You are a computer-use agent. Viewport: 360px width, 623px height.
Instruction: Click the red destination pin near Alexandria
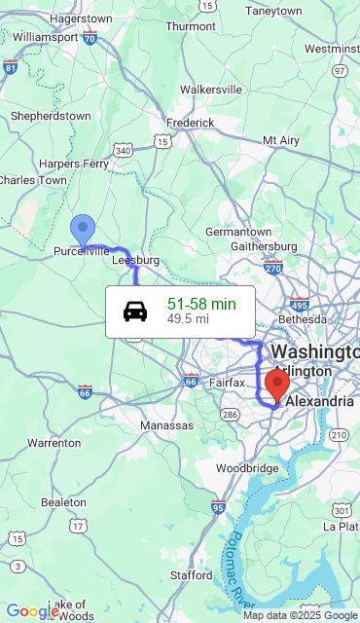[x=277, y=385]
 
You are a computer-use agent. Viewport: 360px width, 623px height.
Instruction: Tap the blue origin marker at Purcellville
[x=83, y=230]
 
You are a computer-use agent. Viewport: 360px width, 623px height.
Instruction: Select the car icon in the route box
[x=135, y=311]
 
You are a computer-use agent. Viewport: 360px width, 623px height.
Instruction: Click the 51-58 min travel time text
[x=201, y=304]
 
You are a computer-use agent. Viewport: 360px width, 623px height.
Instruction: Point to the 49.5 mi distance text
[x=188, y=318]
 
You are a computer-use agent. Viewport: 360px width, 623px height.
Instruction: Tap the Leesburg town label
[x=135, y=260]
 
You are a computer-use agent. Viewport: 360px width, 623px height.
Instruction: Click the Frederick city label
[x=190, y=123]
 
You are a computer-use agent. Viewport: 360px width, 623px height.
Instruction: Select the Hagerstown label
[x=80, y=18]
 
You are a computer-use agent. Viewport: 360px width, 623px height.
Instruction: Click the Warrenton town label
[x=54, y=443]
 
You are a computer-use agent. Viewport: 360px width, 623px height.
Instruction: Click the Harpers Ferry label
[x=74, y=164]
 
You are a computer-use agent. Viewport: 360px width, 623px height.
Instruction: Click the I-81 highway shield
[x=11, y=67]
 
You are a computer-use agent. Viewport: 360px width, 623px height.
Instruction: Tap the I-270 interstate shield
[x=272, y=268]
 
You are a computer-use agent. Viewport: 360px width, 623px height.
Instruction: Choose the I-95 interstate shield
[x=218, y=507]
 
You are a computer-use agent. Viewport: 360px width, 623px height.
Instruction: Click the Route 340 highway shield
[x=123, y=150]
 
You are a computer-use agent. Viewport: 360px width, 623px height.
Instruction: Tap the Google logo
[x=32, y=611]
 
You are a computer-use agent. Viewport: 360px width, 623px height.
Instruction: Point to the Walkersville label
[x=210, y=89]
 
